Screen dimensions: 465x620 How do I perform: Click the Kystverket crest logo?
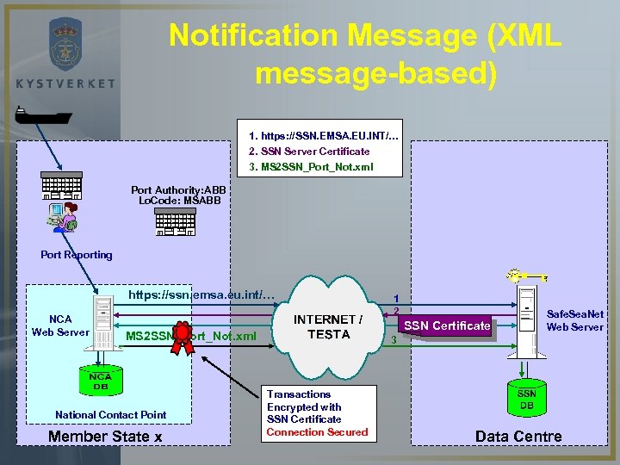pyautogui.click(x=65, y=43)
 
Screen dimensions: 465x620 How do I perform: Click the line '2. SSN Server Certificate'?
pyautogui.click(x=309, y=152)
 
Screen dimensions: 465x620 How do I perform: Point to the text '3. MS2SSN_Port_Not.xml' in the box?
pyautogui.click(x=311, y=166)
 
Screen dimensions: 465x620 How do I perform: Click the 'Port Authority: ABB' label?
pyautogui.click(x=178, y=189)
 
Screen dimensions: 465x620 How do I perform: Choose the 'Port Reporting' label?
pyautogui.click(x=77, y=255)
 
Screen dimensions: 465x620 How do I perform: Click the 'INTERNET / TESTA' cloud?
pyautogui.click(x=328, y=327)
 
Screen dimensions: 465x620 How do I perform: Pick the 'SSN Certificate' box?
pyautogui.click(x=447, y=325)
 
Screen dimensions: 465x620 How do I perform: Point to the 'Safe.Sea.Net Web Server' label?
pyautogui.click(x=575, y=321)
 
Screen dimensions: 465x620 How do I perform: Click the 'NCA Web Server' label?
pyautogui.click(x=59, y=325)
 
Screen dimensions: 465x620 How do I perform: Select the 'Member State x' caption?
pyautogui.click(x=105, y=436)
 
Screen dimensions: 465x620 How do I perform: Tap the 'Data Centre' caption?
pyautogui.click(x=518, y=436)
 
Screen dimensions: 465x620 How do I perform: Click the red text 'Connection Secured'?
pyautogui.click(x=317, y=432)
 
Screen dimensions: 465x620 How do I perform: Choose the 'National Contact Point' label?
pyautogui.click(x=110, y=415)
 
